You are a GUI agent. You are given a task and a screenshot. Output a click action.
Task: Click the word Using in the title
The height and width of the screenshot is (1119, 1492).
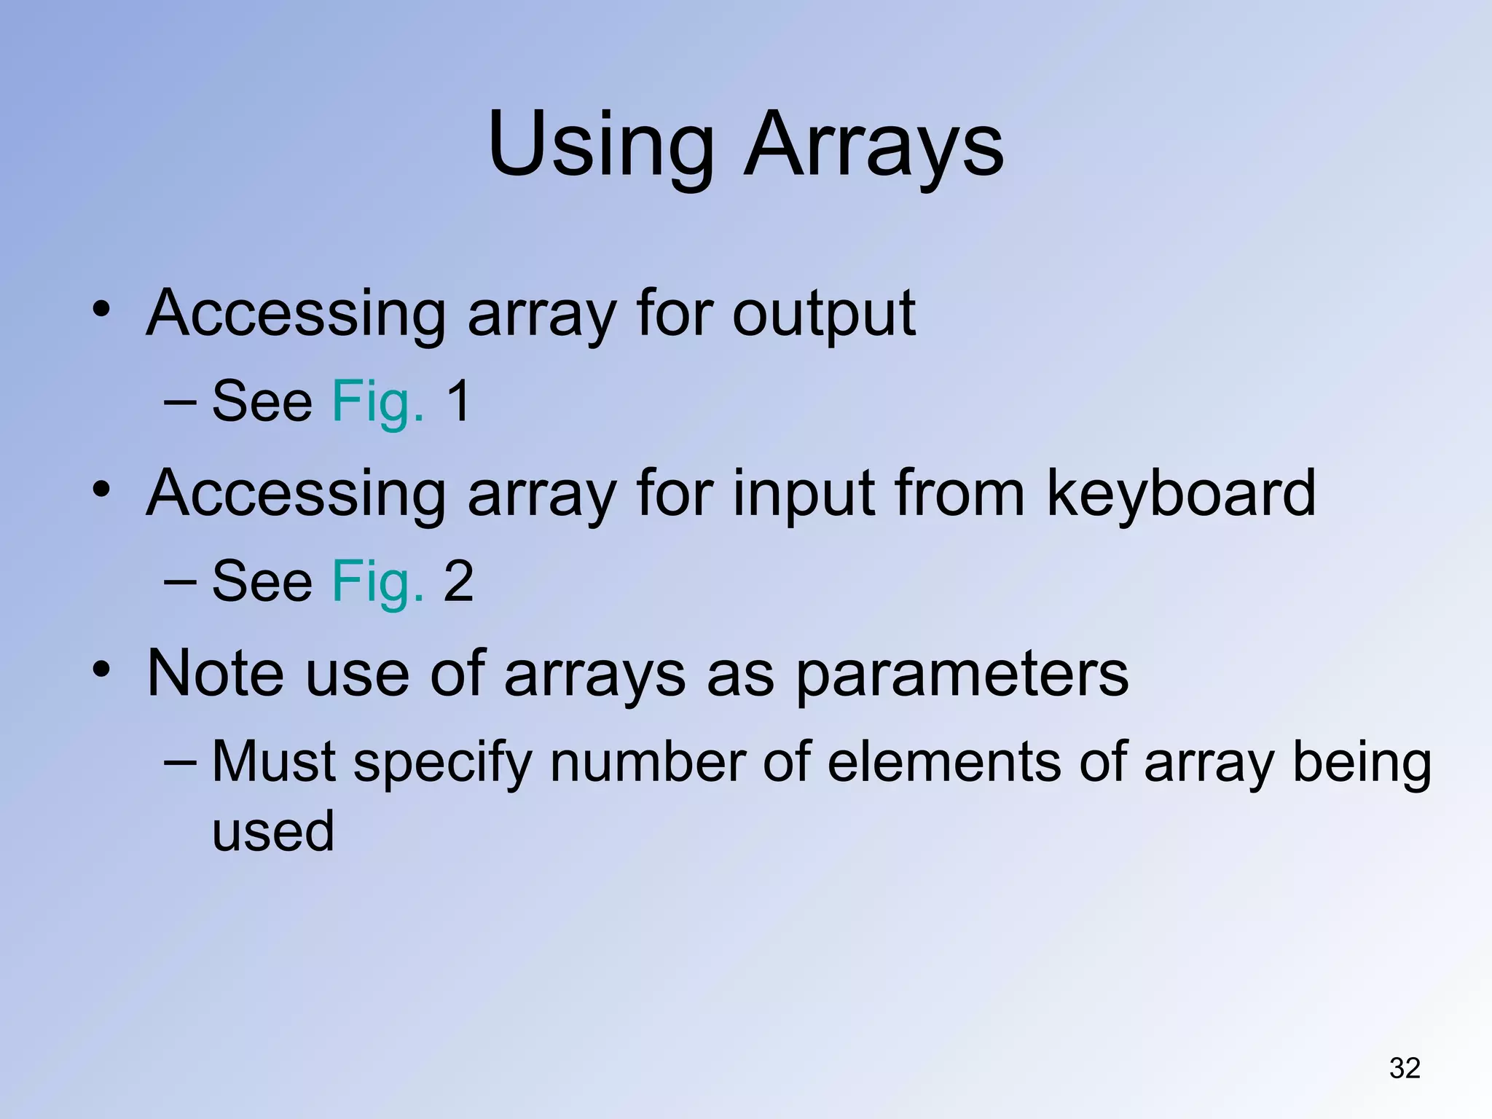click(x=601, y=146)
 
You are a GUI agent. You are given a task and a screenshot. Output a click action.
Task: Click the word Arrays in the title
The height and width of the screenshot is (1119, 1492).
click(x=873, y=146)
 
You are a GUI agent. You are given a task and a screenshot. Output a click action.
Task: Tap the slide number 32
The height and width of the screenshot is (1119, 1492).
click(x=1405, y=1068)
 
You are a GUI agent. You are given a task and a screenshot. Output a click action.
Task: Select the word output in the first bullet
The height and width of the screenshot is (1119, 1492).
click(x=823, y=315)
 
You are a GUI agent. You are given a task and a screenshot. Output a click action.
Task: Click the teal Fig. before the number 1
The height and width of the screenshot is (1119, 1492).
click(x=377, y=402)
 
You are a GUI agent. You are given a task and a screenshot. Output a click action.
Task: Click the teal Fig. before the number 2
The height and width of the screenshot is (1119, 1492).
click(x=377, y=582)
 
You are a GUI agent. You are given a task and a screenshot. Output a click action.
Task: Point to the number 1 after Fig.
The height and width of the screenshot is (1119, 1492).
click(x=459, y=401)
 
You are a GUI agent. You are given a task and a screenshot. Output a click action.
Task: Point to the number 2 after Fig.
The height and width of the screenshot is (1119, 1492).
click(x=459, y=581)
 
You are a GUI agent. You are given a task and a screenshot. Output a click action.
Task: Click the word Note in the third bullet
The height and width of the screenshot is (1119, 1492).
click(x=215, y=674)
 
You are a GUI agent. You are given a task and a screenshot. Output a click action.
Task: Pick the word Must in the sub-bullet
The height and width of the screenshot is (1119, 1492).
click(x=274, y=762)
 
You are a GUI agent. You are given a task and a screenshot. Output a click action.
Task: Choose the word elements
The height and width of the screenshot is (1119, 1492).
click(x=944, y=762)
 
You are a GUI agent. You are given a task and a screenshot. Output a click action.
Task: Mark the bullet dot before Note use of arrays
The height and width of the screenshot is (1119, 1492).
click(x=101, y=669)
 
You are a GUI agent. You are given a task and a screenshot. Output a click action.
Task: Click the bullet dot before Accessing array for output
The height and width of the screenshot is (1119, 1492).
click(x=101, y=309)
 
